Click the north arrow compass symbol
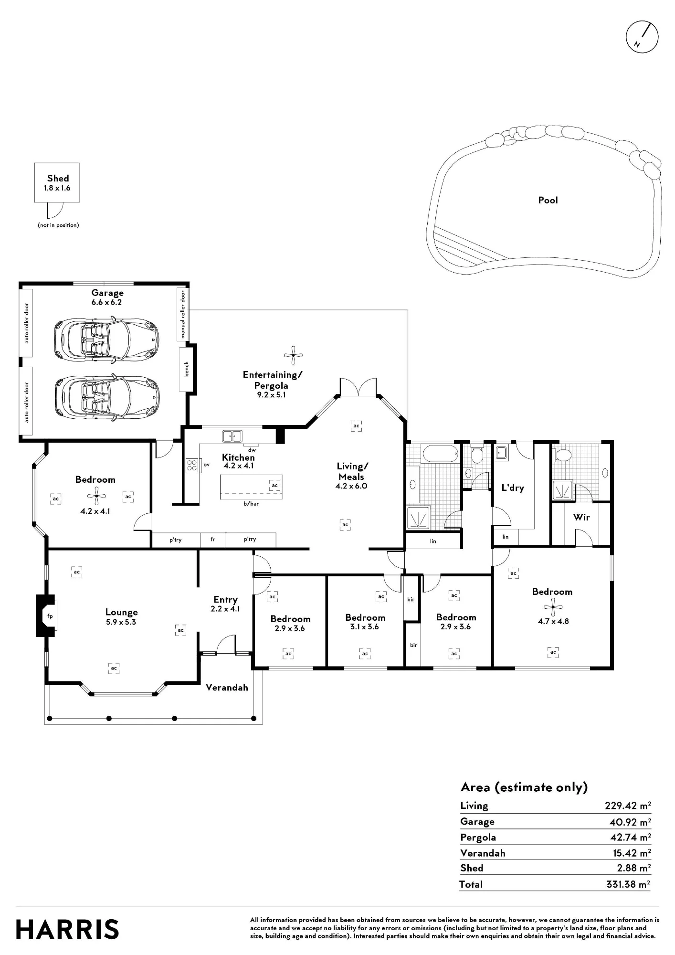point(642,36)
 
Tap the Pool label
point(548,200)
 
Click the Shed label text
point(58,178)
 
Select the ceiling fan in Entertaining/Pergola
point(293,355)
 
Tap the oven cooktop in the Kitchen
point(192,465)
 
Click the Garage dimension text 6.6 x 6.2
point(107,302)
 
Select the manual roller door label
point(182,314)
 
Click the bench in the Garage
point(186,369)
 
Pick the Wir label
point(581,517)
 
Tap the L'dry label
point(513,488)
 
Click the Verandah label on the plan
point(227,688)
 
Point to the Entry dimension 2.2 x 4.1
point(225,609)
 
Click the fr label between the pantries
point(213,539)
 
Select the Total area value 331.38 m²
point(628,884)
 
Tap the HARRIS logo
point(67,929)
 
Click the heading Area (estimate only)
point(524,787)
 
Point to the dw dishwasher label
point(252,450)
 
